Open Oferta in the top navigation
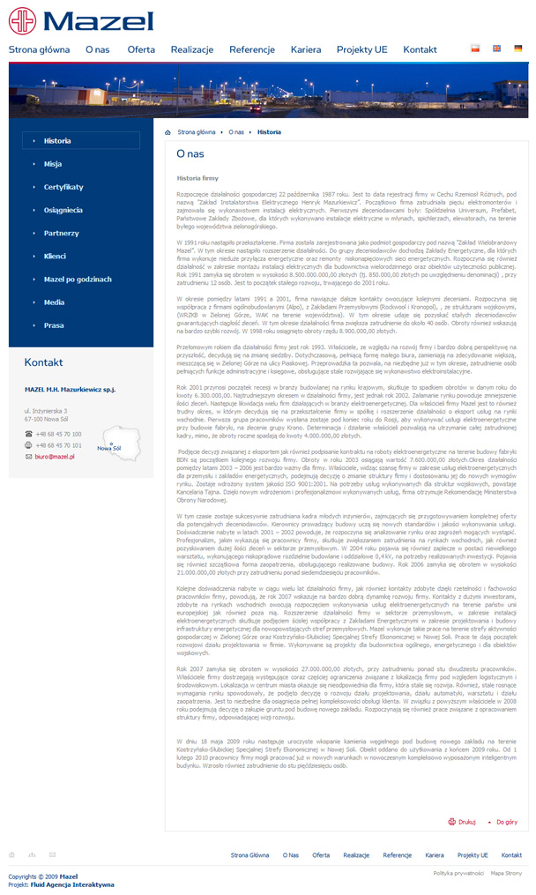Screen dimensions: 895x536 tap(141, 50)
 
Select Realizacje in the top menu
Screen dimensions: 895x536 tap(192, 50)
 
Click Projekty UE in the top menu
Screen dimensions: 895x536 tap(361, 50)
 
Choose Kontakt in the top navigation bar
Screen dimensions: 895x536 tap(420, 50)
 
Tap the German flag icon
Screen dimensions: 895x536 tap(517, 48)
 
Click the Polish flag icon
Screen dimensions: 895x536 tap(476, 48)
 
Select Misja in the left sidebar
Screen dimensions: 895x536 tap(53, 164)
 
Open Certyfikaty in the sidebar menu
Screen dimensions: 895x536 tap(63, 187)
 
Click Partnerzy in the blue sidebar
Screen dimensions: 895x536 tap(62, 233)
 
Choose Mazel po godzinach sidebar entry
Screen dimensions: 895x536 tap(78, 279)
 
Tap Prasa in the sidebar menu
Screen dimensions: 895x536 tap(54, 325)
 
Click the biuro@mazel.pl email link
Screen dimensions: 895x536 tap(55, 457)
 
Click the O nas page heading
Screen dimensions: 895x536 tap(190, 153)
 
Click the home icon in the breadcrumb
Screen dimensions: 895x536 tap(168, 131)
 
